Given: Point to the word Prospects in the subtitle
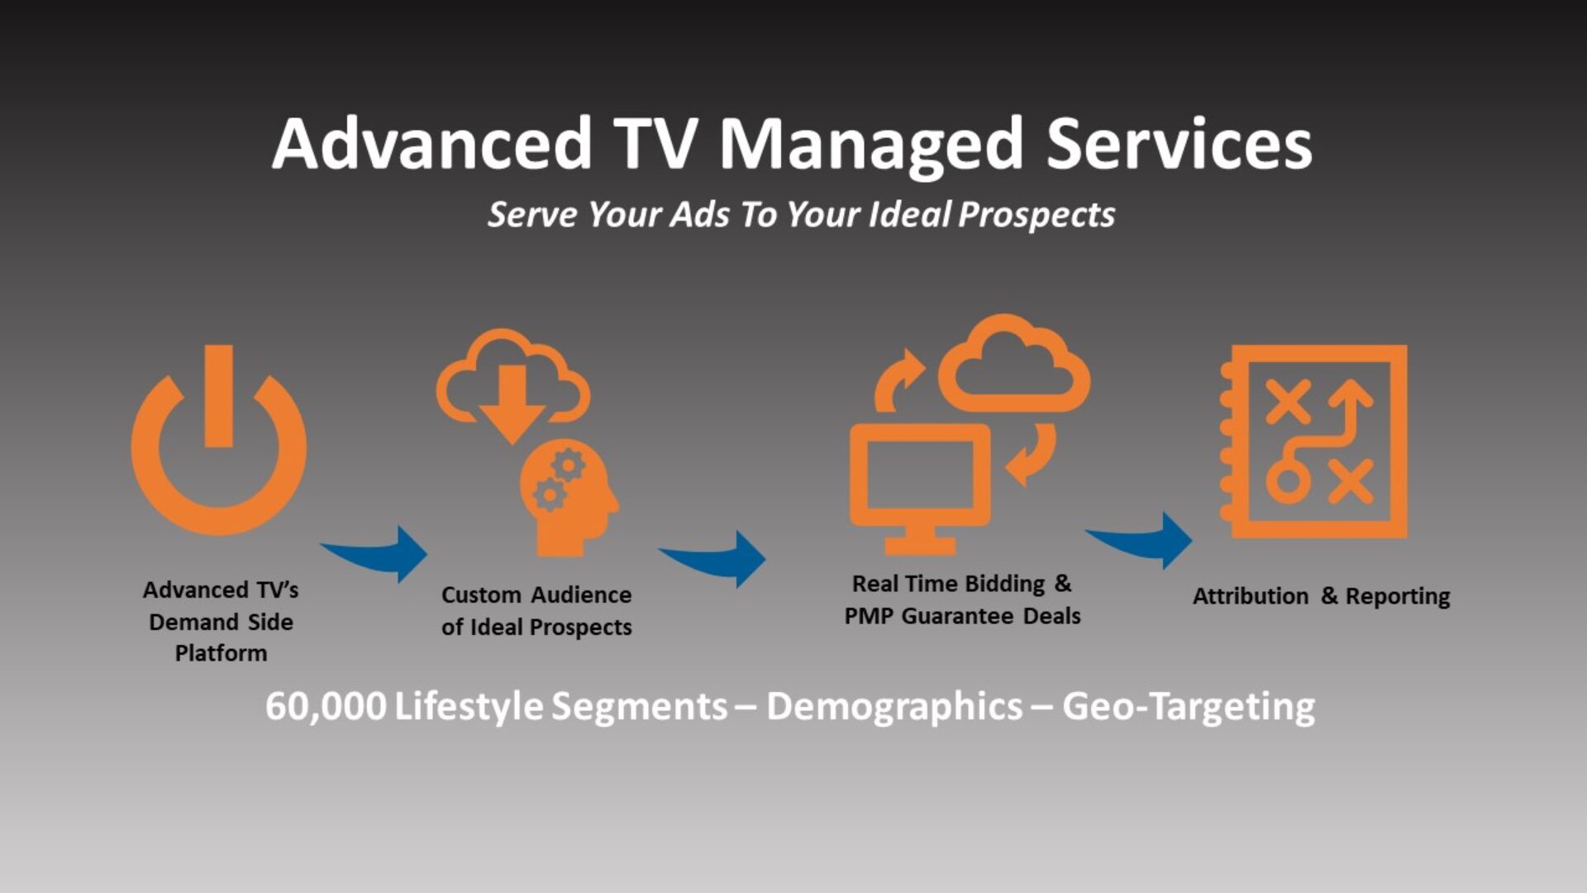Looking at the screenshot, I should [1037, 215].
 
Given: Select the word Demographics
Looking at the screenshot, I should [894, 707].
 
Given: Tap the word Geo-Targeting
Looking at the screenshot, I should [1189, 707].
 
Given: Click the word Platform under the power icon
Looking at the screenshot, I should [221, 653].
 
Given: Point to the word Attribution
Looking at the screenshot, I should [1250, 596].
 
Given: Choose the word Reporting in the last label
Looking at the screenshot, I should [1397, 596].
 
